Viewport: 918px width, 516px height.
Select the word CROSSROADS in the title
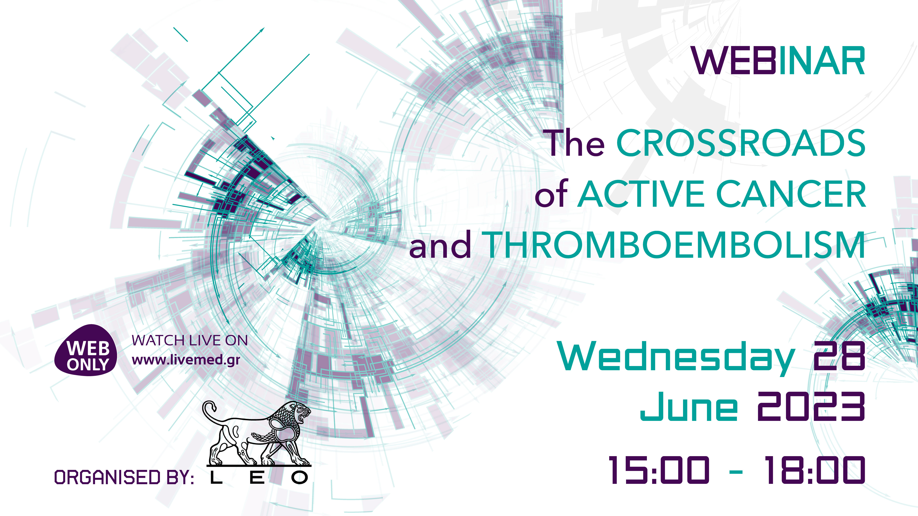(x=741, y=143)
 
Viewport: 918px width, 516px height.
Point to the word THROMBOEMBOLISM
(x=675, y=245)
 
